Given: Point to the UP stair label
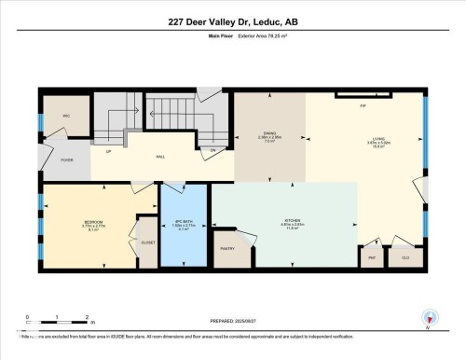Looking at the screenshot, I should [x=109, y=151].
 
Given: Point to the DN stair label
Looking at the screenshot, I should [x=212, y=150].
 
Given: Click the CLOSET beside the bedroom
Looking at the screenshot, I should [x=148, y=242].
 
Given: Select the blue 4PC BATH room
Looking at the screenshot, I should [x=185, y=225].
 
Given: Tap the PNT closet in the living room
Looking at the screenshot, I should [x=371, y=256].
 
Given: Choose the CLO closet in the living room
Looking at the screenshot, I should [x=405, y=256].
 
